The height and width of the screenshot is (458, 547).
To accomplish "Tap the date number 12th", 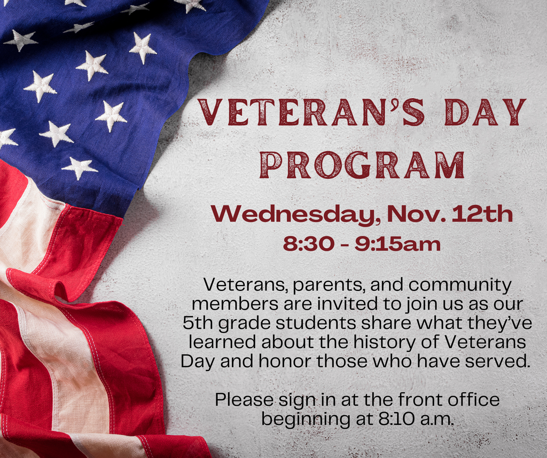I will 482,214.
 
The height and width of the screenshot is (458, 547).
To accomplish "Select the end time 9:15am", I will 397,244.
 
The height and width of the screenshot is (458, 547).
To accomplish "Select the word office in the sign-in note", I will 472,399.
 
